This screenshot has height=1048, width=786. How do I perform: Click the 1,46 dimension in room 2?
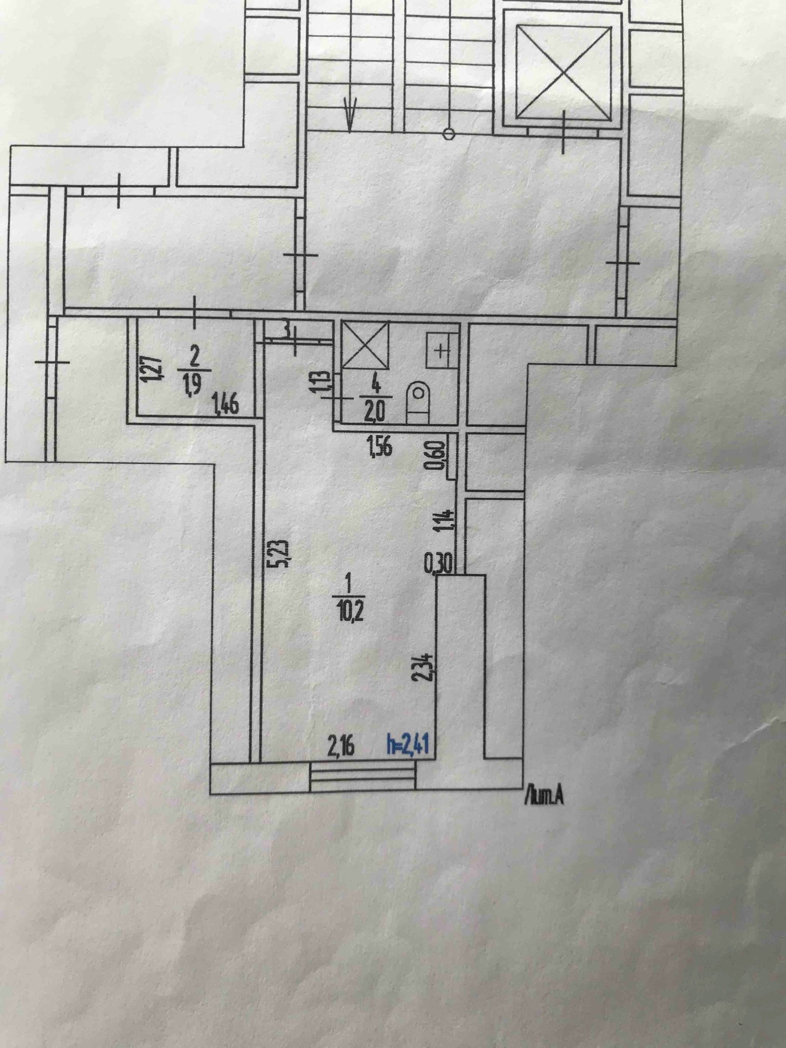[x=227, y=404]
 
